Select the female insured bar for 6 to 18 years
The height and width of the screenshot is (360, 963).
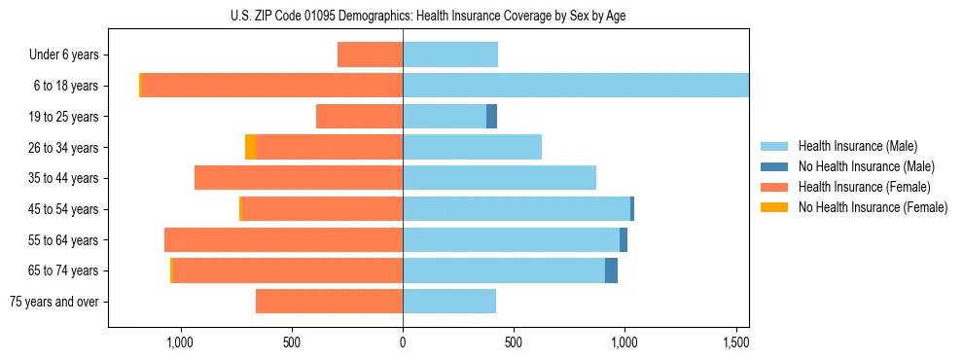(272, 86)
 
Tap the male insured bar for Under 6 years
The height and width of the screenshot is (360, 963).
(449, 54)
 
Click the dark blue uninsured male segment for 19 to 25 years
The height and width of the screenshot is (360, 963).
(491, 117)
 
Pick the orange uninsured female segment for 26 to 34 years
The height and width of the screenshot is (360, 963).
(250, 147)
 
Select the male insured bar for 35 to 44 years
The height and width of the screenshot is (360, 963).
(499, 178)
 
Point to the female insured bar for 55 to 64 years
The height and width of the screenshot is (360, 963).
(283, 240)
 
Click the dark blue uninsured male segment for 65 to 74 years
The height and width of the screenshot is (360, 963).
(611, 270)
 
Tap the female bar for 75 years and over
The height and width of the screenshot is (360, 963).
(329, 302)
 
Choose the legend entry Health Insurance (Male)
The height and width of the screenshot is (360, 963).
(857, 146)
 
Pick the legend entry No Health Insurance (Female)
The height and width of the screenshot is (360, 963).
(873, 207)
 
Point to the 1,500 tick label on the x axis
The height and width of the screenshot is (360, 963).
(735, 342)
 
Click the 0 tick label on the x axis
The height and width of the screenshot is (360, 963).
(403, 342)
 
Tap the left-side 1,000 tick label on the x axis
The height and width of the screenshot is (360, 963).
(180, 342)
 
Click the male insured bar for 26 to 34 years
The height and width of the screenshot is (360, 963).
(472, 147)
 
